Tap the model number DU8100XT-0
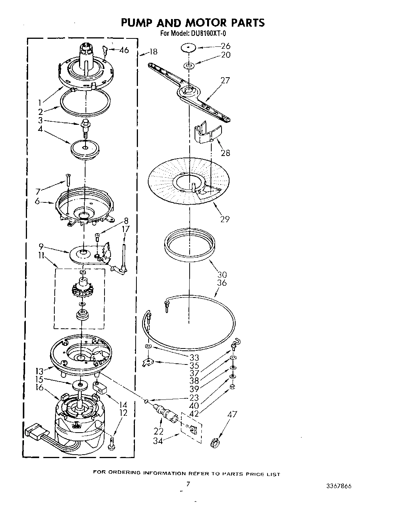click(x=206, y=33)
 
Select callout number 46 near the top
click(x=124, y=50)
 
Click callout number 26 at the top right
click(x=225, y=46)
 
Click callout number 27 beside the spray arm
click(x=225, y=80)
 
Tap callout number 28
click(x=225, y=153)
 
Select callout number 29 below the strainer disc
click(x=225, y=219)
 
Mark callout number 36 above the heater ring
click(x=222, y=283)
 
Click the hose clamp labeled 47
click(x=215, y=442)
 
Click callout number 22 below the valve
click(x=158, y=431)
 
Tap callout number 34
click(x=158, y=441)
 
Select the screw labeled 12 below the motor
click(x=111, y=442)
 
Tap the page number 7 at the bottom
click(x=188, y=484)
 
